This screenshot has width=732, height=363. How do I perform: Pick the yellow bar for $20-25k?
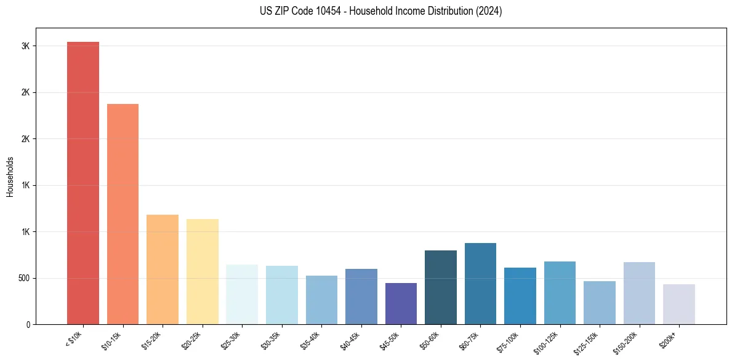pos(202,271)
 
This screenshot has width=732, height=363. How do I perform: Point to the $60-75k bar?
pos(480,284)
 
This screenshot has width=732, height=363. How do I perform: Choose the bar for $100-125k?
pos(560,293)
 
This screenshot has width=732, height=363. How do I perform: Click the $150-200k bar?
pos(639,293)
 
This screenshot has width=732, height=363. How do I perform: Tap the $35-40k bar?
pos(321,300)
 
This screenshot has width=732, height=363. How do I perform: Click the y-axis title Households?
pos(10,177)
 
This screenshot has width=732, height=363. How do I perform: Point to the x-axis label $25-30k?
pos(232,340)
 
